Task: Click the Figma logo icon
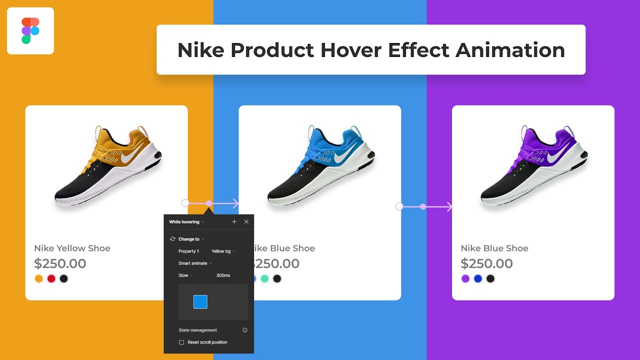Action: pyautogui.click(x=30, y=31)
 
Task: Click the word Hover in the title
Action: pyautogui.click(x=352, y=50)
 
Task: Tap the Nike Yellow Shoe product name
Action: pyautogui.click(x=72, y=248)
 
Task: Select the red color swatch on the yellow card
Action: pyautogui.click(x=51, y=279)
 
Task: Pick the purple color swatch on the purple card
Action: pyautogui.click(x=465, y=279)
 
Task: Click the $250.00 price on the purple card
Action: pyautogui.click(x=486, y=263)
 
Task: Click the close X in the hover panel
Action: pyautogui.click(x=246, y=222)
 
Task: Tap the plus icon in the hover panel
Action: pyautogui.click(x=234, y=222)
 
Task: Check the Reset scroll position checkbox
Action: pyautogui.click(x=182, y=342)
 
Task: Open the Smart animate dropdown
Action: pyautogui.click(x=195, y=263)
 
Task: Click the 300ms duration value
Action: pyautogui.click(x=223, y=275)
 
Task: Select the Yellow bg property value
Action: pyautogui.click(x=222, y=251)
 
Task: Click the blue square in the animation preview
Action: pyautogui.click(x=200, y=302)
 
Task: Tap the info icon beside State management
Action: pyautogui.click(x=245, y=330)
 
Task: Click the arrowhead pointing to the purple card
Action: pyautogui.click(x=449, y=206)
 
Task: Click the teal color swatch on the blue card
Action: pyautogui.click(x=265, y=279)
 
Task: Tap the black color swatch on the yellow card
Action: pyautogui.click(x=63, y=279)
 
